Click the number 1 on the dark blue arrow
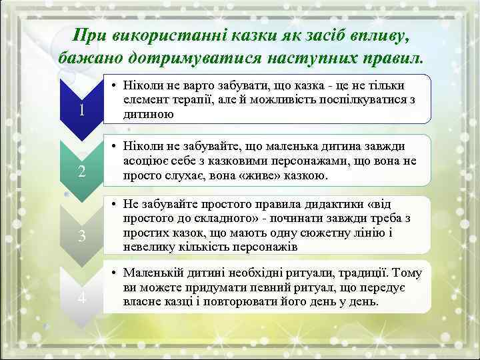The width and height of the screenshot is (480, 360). [x=81, y=110]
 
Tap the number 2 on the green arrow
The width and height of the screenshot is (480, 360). [x=81, y=171]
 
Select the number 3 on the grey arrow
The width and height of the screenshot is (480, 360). [x=81, y=235]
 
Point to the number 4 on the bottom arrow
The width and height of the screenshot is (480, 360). [x=81, y=298]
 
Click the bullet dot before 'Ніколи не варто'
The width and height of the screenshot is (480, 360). [x=114, y=87]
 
